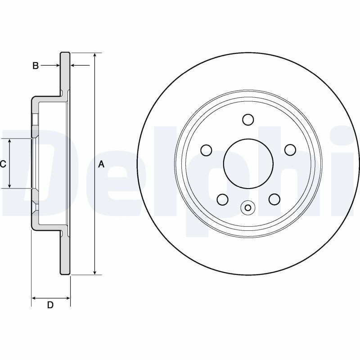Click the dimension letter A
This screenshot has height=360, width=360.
click(x=101, y=164)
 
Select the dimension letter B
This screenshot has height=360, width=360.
click(x=35, y=66)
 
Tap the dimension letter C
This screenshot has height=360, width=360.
click(x=3, y=164)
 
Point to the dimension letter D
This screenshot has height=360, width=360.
click(x=50, y=305)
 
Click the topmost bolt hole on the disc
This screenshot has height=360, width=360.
click(x=248, y=119)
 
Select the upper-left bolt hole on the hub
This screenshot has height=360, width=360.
click(x=206, y=149)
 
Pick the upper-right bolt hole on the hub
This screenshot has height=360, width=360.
click(x=290, y=149)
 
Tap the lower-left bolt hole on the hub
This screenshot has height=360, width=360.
click(x=222, y=198)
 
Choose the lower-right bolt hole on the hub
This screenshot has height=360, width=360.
click(x=274, y=198)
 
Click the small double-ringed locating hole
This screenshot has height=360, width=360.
click(x=248, y=207)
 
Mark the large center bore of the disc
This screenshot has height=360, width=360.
click(x=248, y=163)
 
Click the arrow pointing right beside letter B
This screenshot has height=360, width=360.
click(x=57, y=66)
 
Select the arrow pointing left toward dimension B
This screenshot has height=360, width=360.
click(x=74, y=66)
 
